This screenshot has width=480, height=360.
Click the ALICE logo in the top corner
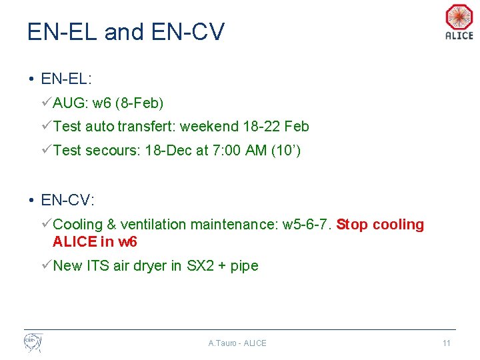point(459,21)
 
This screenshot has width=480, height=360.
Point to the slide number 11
point(447,343)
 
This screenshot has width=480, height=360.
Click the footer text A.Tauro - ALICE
point(237,343)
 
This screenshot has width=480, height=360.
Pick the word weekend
point(209,127)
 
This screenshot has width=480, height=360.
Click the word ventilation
point(155,225)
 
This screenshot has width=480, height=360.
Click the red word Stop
point(351,225)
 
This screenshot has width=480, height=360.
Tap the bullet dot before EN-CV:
point(31,199)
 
